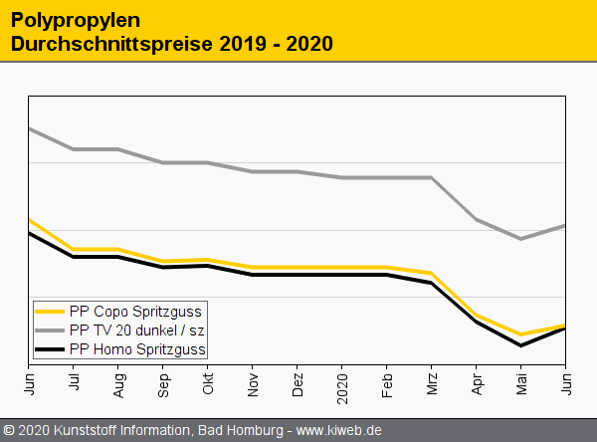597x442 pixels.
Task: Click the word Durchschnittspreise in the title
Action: point(99,45)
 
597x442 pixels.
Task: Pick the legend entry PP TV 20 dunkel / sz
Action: point(136,330)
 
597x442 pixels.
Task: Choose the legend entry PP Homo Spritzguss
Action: point(137,349)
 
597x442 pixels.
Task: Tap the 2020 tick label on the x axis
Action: point(342,384)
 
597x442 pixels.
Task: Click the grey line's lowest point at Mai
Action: point(520,239)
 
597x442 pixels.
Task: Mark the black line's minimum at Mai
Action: point(520,345)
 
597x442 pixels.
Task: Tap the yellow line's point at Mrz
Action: point(431,273)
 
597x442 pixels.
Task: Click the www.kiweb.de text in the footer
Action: point(339,431)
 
